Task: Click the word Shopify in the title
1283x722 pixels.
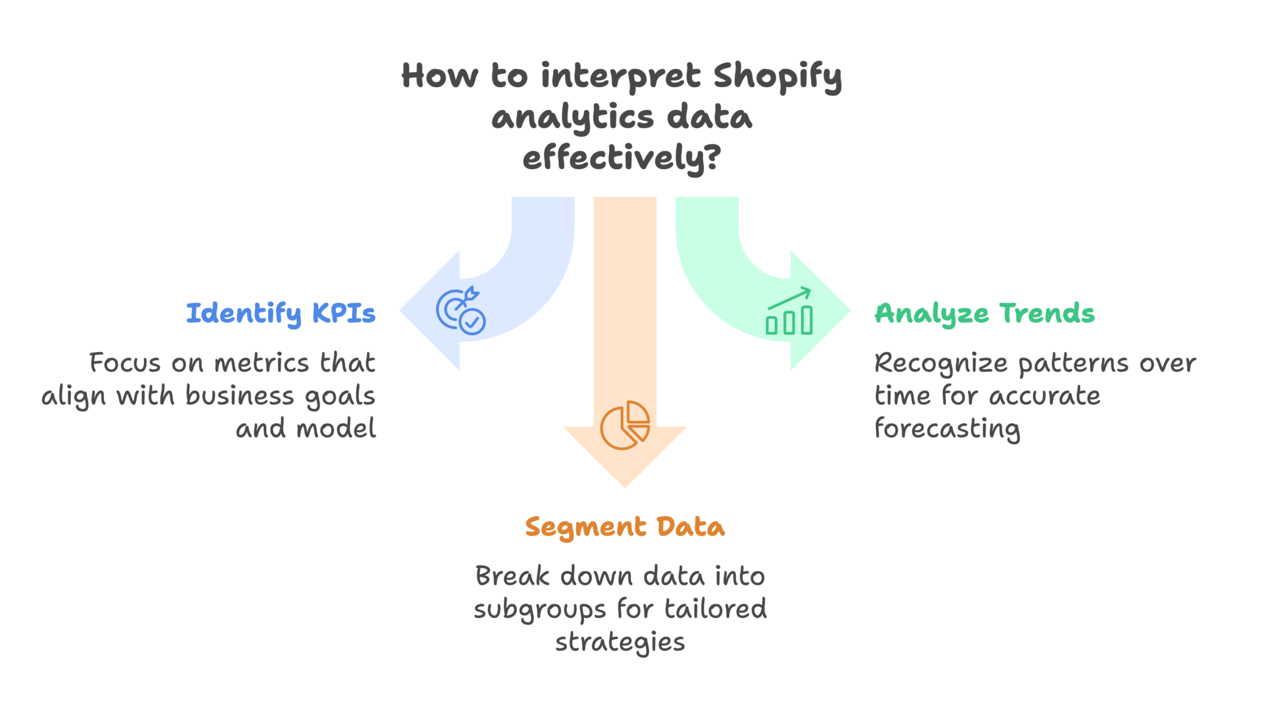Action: [777, 77]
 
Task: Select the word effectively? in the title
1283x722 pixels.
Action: [621, 158]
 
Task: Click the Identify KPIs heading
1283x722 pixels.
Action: [281, 313]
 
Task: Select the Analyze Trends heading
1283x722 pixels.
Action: [984, 313]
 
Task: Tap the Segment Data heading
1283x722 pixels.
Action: [625, 527]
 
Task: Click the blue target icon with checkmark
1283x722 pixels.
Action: [460, 311]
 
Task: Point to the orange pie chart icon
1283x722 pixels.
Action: [625, 425]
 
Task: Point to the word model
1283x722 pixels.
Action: [336, 429]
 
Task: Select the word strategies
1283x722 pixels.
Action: [620, 642]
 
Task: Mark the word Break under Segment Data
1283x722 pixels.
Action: [512, 576]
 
